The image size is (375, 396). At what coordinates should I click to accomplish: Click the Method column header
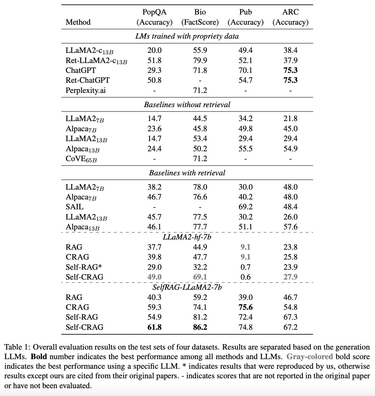tap(78, 22)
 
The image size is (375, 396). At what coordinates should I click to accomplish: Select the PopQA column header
tap(154, 17)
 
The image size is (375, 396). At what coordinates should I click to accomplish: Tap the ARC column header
tap(290, 17)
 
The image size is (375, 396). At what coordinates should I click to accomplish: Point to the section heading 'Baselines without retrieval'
tap(187, 105)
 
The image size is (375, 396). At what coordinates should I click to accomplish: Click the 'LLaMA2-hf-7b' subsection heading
tap(187, 237)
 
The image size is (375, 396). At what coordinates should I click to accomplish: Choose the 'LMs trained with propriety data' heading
tap(187, 36)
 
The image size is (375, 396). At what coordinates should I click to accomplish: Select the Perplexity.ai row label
tap(85, 90)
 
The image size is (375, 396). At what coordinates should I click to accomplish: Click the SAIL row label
tap(74, 207)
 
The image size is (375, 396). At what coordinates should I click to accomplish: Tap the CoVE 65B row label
tap(81, 159)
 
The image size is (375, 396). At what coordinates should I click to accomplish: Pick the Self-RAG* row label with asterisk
tap(83, 267)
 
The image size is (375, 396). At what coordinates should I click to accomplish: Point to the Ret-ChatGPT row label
tap(87, 80)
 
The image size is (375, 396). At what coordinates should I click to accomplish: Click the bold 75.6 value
tap(245, 307)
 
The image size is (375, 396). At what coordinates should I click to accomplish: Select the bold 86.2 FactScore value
tap(200, 327)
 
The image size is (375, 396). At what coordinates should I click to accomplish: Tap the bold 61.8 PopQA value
tap(154, 327)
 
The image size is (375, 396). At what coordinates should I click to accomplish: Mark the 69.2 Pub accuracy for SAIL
tap(245, 207)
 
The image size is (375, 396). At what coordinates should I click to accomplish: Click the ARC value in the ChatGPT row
tap(290, 70)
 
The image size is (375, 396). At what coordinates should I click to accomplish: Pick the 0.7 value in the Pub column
tap(245, 267)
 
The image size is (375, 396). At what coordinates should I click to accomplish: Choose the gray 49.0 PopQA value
tap(154, 277)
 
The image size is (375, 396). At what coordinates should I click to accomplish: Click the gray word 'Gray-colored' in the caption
tap(310, 357)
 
